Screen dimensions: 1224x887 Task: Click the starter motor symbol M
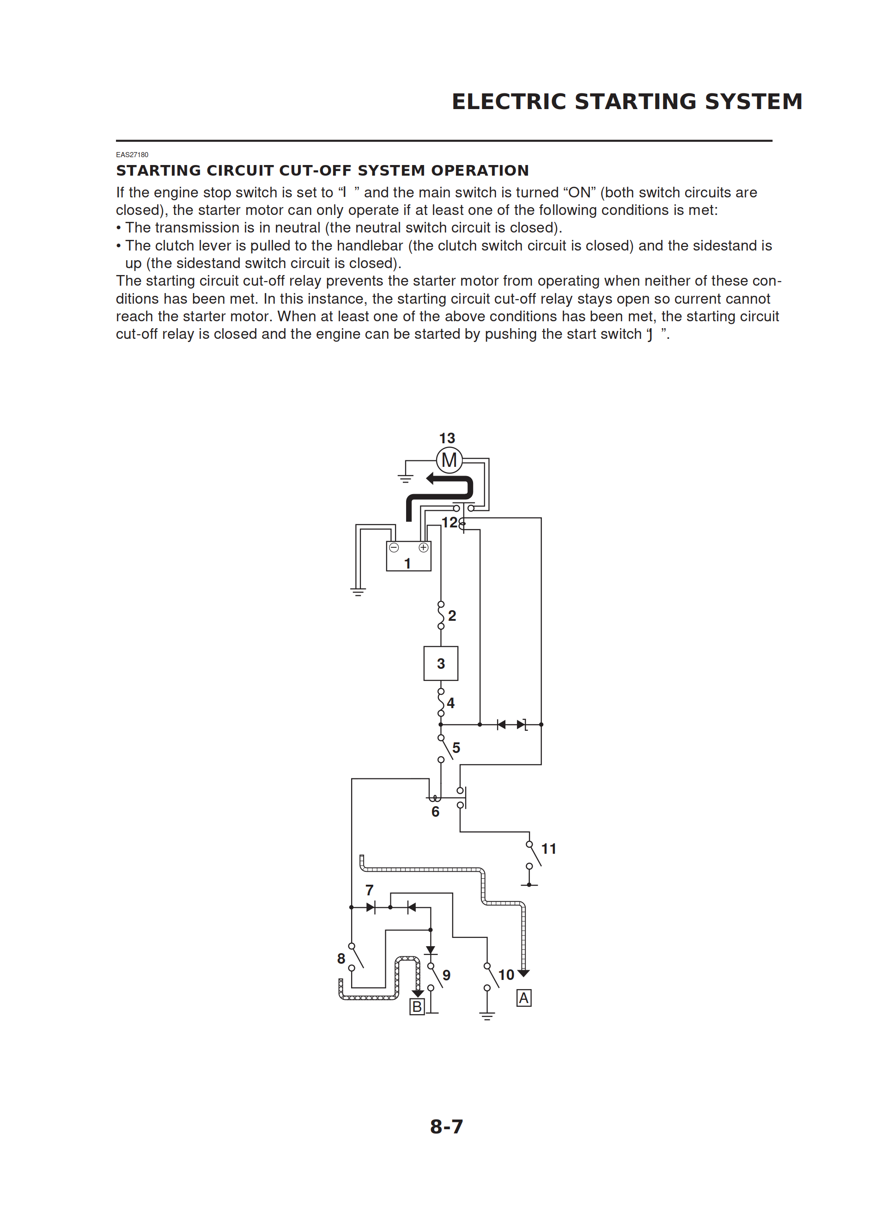click(x=449, y=460)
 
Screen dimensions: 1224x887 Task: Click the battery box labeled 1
click(x=408, y=557)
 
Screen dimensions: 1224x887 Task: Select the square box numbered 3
click(x=441, y=663)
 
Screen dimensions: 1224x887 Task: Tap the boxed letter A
click(x=523, y=998)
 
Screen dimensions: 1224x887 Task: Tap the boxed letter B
click(x=417, y=1006)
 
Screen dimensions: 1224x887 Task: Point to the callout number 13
click(x=447, y=438)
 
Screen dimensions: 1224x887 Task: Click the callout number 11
click(x=549, y=849)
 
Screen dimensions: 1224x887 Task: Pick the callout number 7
click(x=370, y=890)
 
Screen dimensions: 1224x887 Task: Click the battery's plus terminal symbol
click(x=424, y=548)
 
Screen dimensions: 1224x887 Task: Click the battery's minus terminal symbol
click(x=394, y=548)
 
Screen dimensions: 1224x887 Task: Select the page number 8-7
click(x=446, y=1127)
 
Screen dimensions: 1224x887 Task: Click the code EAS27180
click(x=132, y=155)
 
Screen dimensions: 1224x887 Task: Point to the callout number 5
click(x=456, y=748)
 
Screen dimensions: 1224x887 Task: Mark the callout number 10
click(x=506, y=975)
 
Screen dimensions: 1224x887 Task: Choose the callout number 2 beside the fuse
click(x=452, y=616)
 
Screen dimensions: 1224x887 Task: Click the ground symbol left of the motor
click(x=405, y=477)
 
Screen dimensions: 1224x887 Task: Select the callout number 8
click(x=341, y=959)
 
